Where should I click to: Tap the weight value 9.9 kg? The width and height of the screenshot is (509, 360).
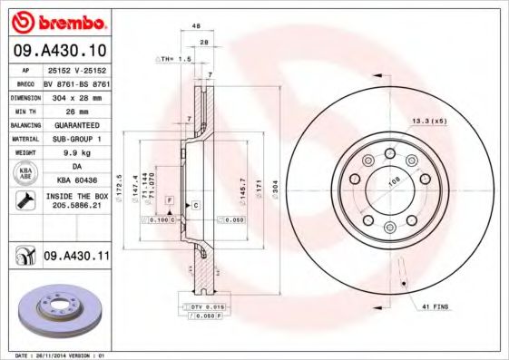75,153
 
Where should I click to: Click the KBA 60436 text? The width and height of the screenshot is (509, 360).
75,180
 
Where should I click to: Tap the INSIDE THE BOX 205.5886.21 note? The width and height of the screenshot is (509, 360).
75,200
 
